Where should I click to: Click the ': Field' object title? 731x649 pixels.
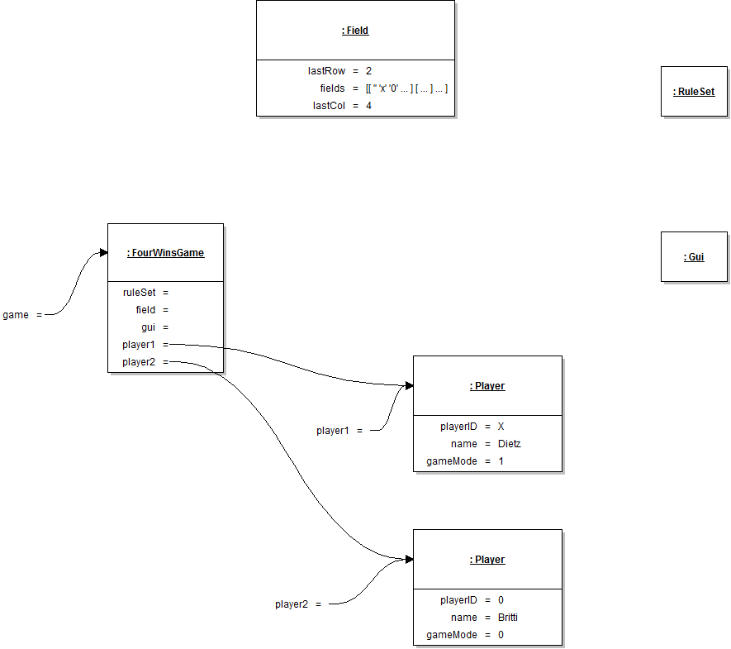[355, 31]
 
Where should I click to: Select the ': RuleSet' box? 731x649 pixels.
[694, 92]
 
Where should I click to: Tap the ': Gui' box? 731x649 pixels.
[694, 257]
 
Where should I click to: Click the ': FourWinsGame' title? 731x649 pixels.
[165, 253]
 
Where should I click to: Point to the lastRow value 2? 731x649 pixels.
[368, 71]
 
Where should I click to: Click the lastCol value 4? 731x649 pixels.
[368, 106]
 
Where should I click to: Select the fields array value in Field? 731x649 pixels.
[406, 88]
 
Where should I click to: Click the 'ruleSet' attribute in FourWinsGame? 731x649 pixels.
[140, 293]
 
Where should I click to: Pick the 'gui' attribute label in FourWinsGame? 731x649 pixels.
[149, 327]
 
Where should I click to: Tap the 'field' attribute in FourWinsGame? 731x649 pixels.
[146, 310]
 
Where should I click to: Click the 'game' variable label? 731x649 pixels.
[16, 315]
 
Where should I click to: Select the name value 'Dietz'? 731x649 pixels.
[510, 444]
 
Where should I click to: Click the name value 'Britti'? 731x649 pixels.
[508, 618]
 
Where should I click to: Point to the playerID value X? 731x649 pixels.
[501, 427]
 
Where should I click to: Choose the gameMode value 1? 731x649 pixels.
[501, 461]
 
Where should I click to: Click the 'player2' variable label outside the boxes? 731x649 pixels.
[292, 604]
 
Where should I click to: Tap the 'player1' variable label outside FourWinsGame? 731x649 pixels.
[333, 431]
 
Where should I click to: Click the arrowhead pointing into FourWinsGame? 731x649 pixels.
[103, 252]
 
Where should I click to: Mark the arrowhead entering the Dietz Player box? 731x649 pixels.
[408, 386]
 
